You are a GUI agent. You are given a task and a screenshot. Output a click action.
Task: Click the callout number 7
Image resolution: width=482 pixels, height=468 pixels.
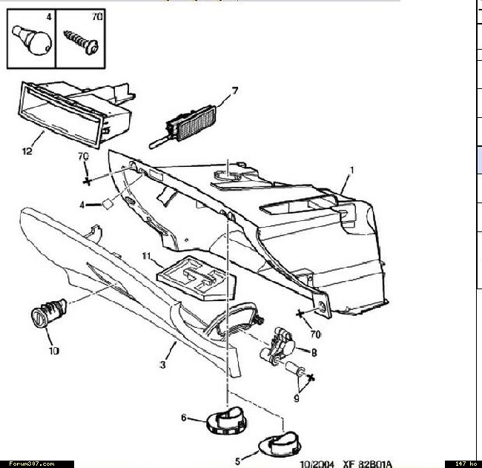[x=235, y=91]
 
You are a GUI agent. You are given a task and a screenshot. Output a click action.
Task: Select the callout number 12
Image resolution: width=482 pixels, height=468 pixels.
[x=27, y=151]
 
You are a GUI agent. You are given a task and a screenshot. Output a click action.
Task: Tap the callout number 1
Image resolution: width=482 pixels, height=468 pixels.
[x=352, y=170]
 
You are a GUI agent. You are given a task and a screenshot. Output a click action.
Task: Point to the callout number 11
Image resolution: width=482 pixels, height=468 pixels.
[x=147, y=256]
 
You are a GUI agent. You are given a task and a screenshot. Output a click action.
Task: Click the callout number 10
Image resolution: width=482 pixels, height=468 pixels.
[x=54, y=351]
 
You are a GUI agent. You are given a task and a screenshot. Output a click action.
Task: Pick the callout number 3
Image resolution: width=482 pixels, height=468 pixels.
[x=162, y=365]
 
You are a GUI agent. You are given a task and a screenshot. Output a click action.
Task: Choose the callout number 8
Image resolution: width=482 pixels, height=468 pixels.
[x=314, y=353]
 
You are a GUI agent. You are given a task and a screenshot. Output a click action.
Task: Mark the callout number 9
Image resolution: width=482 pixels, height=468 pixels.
[x=297, y=398]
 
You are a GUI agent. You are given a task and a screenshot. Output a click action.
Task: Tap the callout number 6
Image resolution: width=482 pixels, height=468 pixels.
[x=183, y=418]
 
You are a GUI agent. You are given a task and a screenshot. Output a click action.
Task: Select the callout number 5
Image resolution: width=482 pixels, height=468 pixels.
[x=237, y=461]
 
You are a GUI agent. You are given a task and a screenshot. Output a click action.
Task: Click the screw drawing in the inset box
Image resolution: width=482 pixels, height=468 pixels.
[x=81, y=42]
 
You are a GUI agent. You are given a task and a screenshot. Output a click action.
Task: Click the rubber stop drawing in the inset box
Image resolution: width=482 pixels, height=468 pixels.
[x=32, y=40]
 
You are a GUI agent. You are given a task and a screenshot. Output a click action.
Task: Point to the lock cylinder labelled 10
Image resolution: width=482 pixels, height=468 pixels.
[x=49, y=313]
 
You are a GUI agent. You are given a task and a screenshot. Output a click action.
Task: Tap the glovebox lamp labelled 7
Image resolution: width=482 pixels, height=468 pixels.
[x=183, y=126]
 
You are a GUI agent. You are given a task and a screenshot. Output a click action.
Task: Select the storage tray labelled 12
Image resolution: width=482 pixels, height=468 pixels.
[x=77, y=113]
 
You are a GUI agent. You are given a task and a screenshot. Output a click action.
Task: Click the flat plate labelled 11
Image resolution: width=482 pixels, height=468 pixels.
[x=197, y=278]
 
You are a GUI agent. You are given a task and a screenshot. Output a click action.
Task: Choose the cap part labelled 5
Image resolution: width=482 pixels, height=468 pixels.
[x=280, y=444]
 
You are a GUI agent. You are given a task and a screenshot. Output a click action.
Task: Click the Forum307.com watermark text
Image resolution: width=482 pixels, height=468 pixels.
[x=32, y=464]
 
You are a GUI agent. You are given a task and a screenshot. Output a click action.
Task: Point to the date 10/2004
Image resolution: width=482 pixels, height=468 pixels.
[x=317, y=464]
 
